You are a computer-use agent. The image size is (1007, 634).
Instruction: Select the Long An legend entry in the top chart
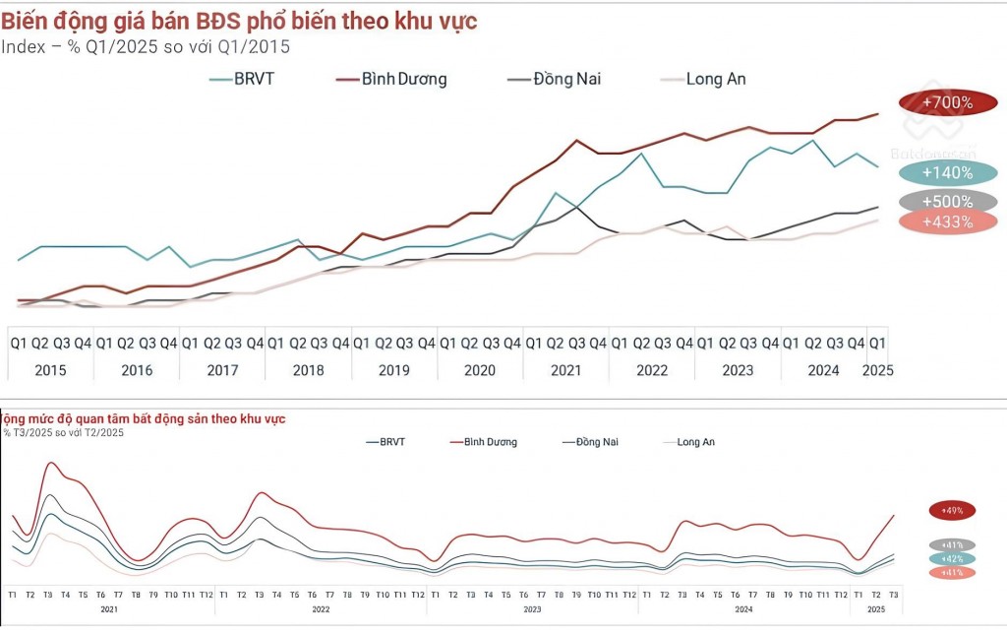tap(716, 79)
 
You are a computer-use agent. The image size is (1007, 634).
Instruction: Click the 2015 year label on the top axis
tap(51, 370)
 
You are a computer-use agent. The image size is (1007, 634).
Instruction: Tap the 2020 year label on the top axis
tap(480, 370)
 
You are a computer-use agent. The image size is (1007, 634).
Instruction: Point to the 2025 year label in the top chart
tap(876, 370)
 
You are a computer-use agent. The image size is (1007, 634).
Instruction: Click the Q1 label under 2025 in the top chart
tap(876, 343)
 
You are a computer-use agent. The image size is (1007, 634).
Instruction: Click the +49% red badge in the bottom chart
tap(951, 510)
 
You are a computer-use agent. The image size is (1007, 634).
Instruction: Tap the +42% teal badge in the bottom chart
tap(951, 558)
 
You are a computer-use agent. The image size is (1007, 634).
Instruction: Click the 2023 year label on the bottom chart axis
tap(531, 609)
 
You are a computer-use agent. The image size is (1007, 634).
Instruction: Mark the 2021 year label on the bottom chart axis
tap(108, 609)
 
